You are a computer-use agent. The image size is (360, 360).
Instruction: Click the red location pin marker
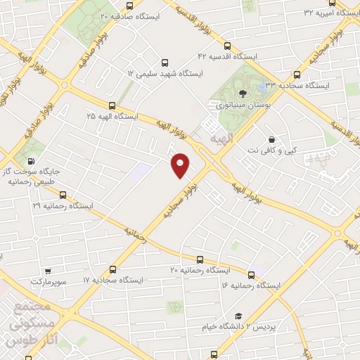point(180,165)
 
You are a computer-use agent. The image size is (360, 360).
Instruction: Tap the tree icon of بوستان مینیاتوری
point(241,91)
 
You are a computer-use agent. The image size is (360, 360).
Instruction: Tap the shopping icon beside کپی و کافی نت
point(272,138)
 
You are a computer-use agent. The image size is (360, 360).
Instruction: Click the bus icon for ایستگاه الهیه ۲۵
point(112,104)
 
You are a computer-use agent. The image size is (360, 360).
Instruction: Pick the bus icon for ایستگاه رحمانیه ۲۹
point(63,194)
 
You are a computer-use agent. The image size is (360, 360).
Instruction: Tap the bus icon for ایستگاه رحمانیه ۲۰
point(200,259)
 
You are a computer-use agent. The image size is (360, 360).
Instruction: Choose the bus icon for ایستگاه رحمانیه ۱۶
point(251,274)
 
